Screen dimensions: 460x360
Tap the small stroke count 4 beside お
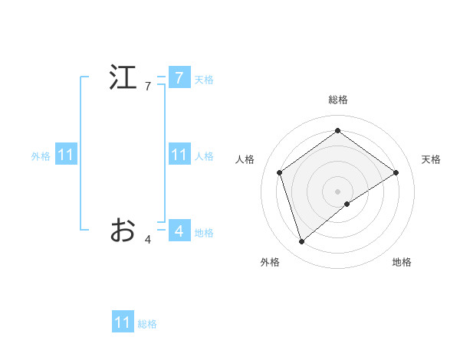[x=148, y=240]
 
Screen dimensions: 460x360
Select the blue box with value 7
[x=179, y=77]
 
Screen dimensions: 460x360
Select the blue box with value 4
[x=179, y=230]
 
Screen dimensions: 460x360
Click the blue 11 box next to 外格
[x=65, y=155]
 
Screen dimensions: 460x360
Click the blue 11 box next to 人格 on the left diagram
[x=179, y=155]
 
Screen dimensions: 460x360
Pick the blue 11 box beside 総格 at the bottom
[x=123, y=322]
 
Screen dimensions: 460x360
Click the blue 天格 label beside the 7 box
[x=204, y=80]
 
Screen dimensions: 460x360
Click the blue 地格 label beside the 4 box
[x=204, y=233]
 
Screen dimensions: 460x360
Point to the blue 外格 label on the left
[x=41, y=156]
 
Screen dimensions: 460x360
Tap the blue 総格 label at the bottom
[x=147, y=325]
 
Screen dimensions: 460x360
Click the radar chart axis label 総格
[x=337, y=100]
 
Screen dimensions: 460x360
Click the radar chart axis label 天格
[x=431, y=159]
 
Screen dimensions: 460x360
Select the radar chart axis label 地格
[x=402, y=263]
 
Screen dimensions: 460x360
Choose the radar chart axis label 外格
[x=270, y=263]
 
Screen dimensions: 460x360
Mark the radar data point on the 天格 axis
[x=396, y=172]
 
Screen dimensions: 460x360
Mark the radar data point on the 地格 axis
[x=347, y=204]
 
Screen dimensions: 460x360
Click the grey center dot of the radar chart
[x=337, y=191]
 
